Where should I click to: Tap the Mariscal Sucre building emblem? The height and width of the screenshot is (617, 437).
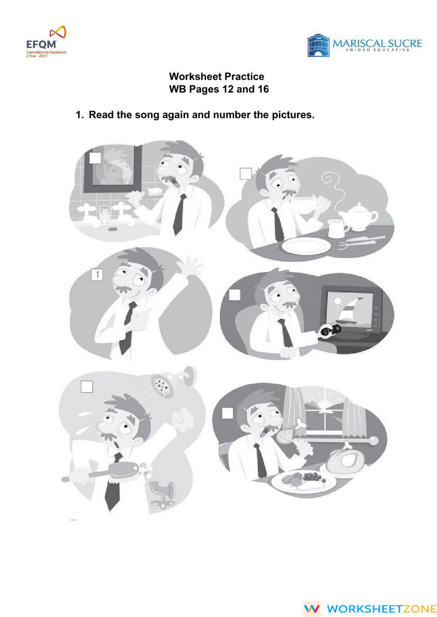point(318,46)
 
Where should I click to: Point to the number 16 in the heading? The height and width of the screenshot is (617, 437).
point(263,89)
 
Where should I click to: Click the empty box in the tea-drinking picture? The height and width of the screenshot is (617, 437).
point(246,174)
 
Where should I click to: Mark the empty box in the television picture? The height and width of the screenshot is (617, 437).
point(235,295)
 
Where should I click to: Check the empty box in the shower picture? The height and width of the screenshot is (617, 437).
point(87,386)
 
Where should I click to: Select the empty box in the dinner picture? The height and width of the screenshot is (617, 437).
point(227,413)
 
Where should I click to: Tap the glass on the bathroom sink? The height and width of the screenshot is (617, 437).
point(105,214)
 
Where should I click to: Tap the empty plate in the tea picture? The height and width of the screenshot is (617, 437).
point(305,246)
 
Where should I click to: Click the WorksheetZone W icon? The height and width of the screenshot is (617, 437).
point(312,608)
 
